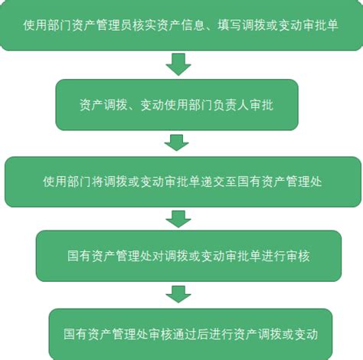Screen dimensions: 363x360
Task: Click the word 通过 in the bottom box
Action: click(185, 334)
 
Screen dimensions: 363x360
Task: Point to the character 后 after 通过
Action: click(203, 334)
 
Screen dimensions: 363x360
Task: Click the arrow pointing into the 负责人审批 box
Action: click(178, 64)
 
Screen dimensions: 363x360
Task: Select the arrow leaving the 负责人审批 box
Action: click(177, 142)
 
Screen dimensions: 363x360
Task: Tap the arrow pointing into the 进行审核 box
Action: click(178, 219)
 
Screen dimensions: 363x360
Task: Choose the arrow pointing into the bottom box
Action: click(178, 294)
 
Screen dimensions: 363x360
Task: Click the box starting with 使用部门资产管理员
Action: click(181, 25)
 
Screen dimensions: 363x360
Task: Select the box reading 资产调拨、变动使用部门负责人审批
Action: click(177, 105)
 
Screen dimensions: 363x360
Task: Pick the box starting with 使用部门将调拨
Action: click(183, 182)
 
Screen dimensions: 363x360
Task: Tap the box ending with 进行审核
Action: click(188, 256)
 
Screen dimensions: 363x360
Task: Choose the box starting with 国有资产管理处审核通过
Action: click(191, 334)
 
